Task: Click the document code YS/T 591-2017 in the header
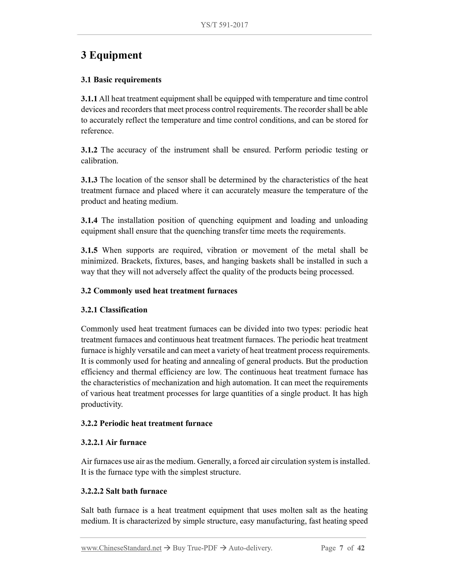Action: pyautogui.click(x=224, y=25)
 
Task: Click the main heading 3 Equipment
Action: pyautogui.click(x=111, y=55)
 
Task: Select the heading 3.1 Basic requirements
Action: pyautogui.click(x=121, y=80)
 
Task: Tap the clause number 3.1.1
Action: pyautogui.click(x=89, y=99)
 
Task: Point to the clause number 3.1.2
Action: pyautogui.click(x=89, y=150)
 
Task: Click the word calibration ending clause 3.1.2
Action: pyautogui.click(x=99, y=161)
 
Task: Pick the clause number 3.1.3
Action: pyautogui.click(x=89, y=180)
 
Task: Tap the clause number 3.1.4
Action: pyautogui.click(x=89, y=220)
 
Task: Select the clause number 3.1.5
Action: pyautogui.click(x=89, y=250)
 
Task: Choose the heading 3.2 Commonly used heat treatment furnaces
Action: pyautogui.click(x=159, y=291)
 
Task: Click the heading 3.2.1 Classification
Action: pyautogui.click(x=114, y=310)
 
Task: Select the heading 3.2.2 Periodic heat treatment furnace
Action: pyautogui.click(x=147, y=423)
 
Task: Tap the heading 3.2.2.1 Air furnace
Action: pyautogui.click(x=114, y=442)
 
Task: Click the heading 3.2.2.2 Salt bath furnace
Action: pyautogui.click(x=124, y=491)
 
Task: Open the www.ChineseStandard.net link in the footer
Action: pyautogui.click(x=121, y=548)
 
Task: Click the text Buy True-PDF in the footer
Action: pyautogui.click(x=195, y=548)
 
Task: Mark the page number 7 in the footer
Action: pyautogui.click(x=341, y=548)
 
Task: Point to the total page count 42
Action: pyautogui.click(x=361, y=548)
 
